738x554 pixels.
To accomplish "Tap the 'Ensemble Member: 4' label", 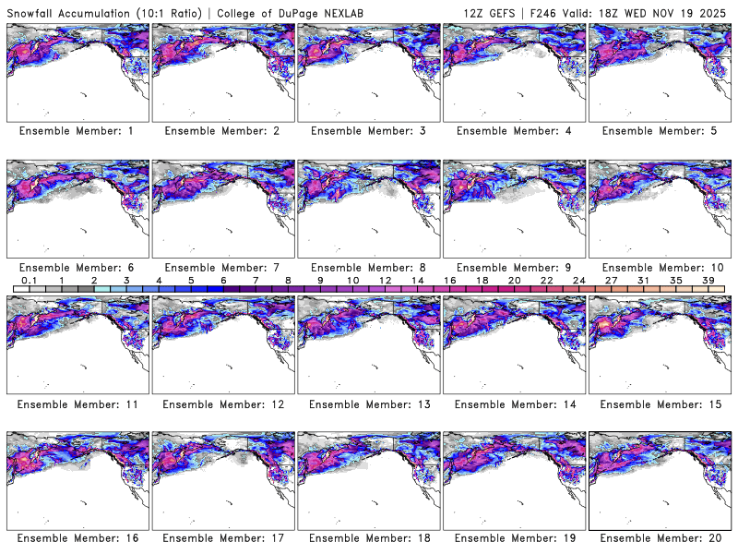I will (514, 132).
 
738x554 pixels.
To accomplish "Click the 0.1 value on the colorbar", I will (29, 280).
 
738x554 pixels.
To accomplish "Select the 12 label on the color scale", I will (385, 280).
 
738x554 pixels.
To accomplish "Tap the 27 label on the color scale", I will (611, 280).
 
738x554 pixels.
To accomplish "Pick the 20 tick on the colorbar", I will (514, 280).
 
